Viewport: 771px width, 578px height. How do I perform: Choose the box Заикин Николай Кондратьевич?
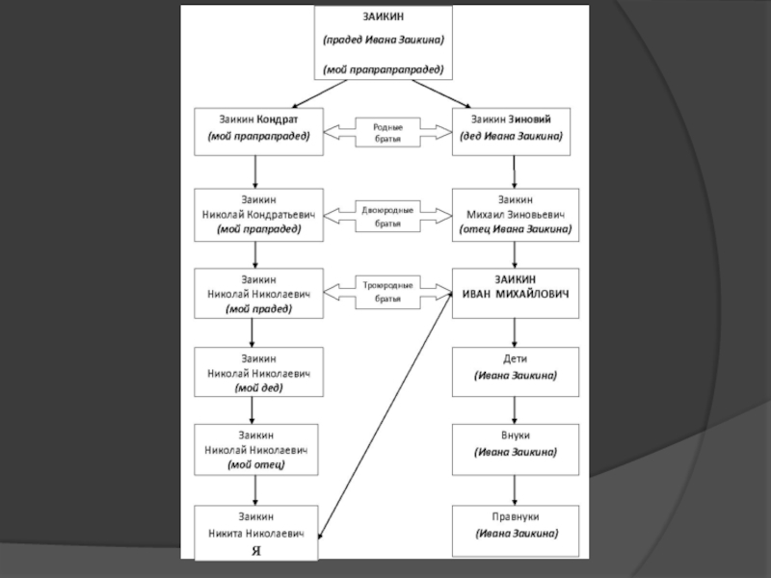(255, 215)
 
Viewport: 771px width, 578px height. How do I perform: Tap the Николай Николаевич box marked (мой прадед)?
(255, 293)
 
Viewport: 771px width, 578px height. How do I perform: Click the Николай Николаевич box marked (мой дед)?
(255, 372)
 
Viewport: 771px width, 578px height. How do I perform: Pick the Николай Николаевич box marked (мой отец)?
(255, 449)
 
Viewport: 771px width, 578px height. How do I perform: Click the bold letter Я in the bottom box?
(255, 551)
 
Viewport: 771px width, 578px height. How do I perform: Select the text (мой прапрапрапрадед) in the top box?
(383, 69)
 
